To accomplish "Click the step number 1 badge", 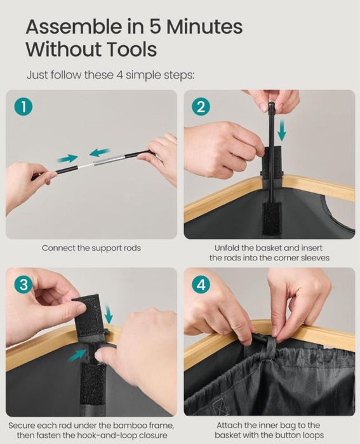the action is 23,107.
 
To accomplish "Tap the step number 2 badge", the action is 201,107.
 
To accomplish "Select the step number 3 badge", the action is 23,285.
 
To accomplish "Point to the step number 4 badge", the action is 201,285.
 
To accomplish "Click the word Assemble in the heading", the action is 73,27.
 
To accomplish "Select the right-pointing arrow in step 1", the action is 67,159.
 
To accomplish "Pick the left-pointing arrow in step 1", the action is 99,152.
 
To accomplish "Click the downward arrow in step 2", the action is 282,130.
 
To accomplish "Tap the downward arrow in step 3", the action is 108,314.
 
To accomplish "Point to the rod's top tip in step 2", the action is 271,104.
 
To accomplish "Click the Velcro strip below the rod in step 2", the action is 272,219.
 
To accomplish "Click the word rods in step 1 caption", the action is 132,248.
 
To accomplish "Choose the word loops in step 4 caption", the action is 312,435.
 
